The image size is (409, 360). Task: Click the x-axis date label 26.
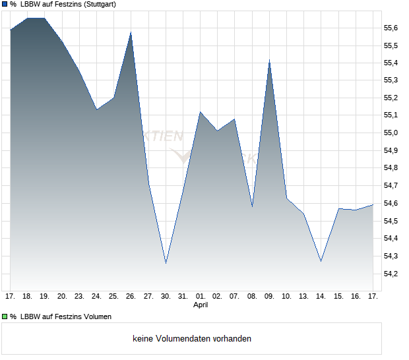[131, 296]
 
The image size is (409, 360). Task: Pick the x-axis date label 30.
[166, 296]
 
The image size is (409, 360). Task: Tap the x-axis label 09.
[269, 296]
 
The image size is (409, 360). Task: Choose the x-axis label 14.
[321, 296]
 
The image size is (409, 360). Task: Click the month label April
[201, 305]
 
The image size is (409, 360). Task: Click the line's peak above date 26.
[131, 32]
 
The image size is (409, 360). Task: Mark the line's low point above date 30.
[166, 262]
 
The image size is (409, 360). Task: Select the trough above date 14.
[321, 261]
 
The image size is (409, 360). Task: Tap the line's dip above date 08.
[252, 206]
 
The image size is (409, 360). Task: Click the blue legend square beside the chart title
[5, 4]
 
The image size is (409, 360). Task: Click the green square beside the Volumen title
[5, 316]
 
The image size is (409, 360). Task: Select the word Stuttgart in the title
[98, 4]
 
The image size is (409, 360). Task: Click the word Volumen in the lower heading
[95, 316]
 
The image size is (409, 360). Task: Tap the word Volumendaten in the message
[179, 339]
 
